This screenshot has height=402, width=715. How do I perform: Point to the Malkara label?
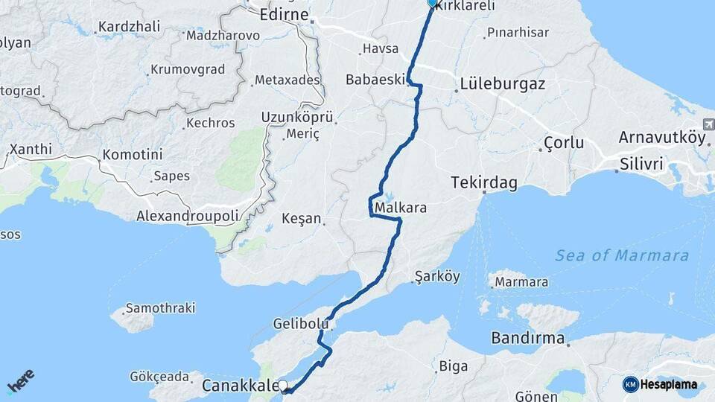pos(401,208)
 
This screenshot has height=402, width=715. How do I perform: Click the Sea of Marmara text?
pos(622,255)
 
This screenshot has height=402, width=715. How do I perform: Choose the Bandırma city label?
pos(527,338)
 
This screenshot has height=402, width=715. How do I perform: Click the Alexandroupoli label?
pos(188,216)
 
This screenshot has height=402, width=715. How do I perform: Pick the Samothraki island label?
pos(160,307)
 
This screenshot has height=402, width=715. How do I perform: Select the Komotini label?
pos(132,155)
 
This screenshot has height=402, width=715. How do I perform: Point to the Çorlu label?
pos(564,142)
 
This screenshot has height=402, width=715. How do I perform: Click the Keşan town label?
pos(302,219)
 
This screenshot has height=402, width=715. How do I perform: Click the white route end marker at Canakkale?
pos(283,386)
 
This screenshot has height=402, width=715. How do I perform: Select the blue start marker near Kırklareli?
pos(432,3)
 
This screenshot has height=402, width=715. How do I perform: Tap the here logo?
pos(20,383)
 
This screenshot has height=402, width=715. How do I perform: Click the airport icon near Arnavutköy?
pos(707,124)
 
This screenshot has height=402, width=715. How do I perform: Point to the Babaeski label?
pos(375,79)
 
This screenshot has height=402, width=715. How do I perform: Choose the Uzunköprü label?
pos(296,117)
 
